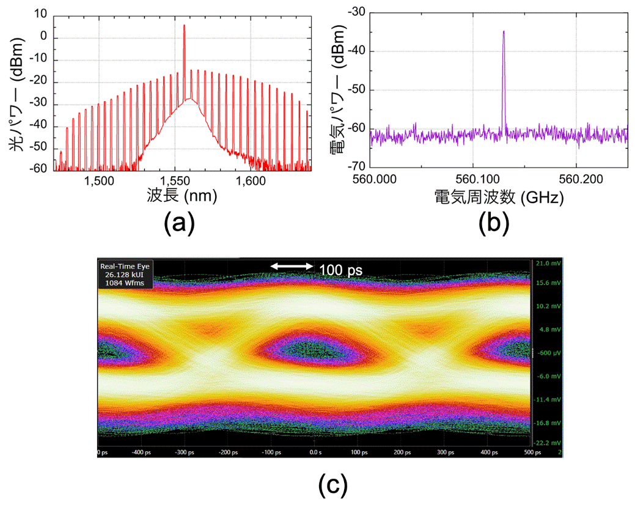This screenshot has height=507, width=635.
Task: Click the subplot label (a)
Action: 179,223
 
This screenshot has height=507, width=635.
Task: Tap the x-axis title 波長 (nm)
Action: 182,197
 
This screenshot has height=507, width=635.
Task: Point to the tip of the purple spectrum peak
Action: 504,31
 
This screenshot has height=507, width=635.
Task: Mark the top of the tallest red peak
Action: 184,26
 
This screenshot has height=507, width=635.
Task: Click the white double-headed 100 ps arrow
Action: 292,266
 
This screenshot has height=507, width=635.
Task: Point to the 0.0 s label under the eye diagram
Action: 314,452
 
